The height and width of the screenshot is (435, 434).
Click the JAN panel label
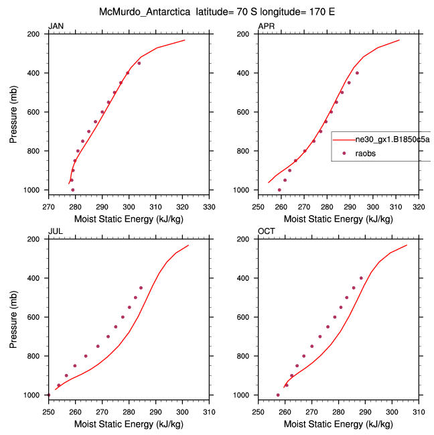(56, 26)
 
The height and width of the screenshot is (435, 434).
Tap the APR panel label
(267, 26)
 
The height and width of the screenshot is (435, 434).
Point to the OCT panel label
(267, 231)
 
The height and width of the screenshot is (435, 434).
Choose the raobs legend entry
(367, 153)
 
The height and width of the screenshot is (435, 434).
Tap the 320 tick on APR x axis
(419, 207)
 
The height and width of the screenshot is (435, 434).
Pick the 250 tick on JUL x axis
(48, 412)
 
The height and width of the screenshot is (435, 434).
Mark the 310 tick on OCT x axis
(419, 412)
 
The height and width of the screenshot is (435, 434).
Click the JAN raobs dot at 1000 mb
(73, 190)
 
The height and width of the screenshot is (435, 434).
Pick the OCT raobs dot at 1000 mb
(278, 395)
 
